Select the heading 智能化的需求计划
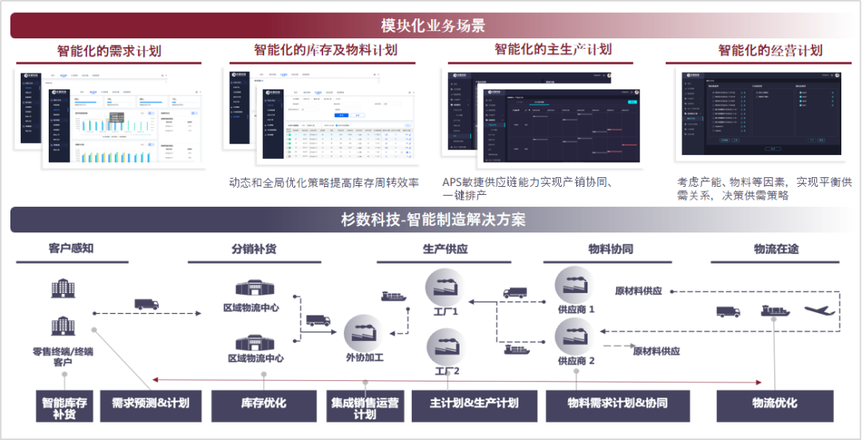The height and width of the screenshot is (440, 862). click(x=109, y=51)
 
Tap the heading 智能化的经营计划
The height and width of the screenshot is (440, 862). click(x=769, y=50)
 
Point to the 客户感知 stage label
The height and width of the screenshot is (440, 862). click(x=71, y=248)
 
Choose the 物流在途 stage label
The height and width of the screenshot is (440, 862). click(x=776, y=248)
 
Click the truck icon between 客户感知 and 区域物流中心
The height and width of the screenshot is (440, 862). click(x=146, y=304)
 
